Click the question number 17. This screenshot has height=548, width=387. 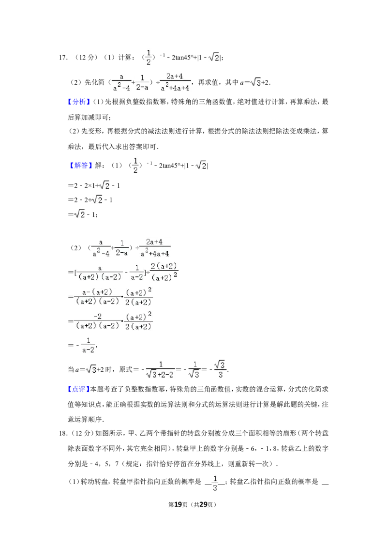point(63,58)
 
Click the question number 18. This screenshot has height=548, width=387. point(63,433)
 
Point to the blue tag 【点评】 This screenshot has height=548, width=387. point(78,389)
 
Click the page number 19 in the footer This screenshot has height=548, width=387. point(178,504)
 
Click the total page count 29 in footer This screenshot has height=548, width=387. point(203,504)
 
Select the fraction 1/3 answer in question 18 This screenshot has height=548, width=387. point(215,483)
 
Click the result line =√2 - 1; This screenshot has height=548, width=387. point(83,214)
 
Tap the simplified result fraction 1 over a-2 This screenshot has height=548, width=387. point(88,345)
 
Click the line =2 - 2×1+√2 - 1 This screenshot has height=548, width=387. point(94,185)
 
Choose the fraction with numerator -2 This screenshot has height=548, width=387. point(97,321)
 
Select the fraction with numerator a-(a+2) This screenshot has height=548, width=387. point(97,296)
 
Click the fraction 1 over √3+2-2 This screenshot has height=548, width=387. point(160,369)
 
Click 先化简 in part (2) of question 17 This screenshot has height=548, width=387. point(94,82)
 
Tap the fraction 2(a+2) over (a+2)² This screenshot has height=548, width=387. point(164,272)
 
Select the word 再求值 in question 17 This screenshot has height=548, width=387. point(208,82)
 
